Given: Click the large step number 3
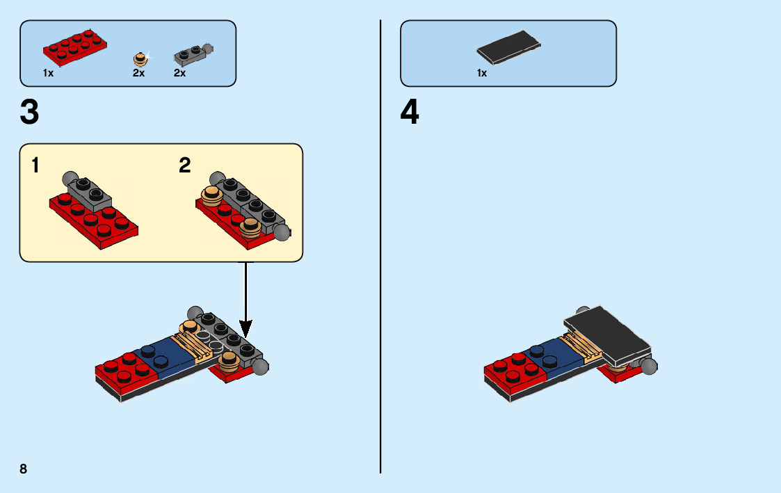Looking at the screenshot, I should pos(30,113).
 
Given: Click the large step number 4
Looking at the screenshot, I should pos(410,113).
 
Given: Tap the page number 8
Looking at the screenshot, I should pos(24,469).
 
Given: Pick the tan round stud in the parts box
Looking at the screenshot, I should pos(141,58).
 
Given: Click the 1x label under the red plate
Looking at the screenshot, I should pos(48,73).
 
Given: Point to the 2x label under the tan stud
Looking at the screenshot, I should pos(138,73).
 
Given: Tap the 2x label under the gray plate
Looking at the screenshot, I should pos(179,73).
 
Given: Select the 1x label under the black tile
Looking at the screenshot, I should pos(481,73).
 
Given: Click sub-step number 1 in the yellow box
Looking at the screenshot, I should pos(35,165).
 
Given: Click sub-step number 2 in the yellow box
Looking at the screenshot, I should pos(184,165).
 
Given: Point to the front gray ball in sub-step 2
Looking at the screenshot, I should pos(282,232).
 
